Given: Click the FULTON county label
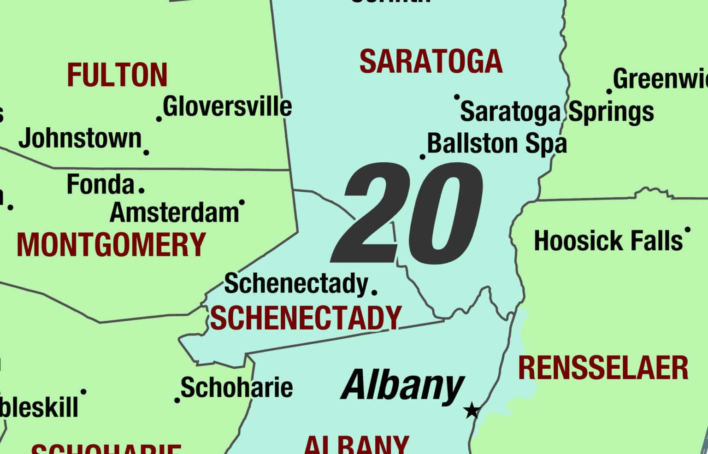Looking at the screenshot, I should pyautogui.click(x=117, y=75).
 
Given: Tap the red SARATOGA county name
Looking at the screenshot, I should pyautogui.click(x=431, y=62).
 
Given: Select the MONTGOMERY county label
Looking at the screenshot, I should pyautogui.click(x=111, y=244).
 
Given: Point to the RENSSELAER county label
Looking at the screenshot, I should pyautogui.click(x=603, y=368).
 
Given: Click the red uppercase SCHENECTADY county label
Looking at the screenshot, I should pyautogui.click(x=306, y=318).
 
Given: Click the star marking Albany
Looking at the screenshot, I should pyautogui.click(x=472, y=410).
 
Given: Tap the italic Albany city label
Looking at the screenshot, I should pyautogui.click(x=402, y=386).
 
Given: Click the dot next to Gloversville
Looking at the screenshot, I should pyautogui.click(x=159, y=119).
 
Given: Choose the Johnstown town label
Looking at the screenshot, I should pyautogui.click(x=80, y=138).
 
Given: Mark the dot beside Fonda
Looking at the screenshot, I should pyautogui.click(x=142, y=189).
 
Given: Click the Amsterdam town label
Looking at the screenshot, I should pyautogui.click(x=174, y=212).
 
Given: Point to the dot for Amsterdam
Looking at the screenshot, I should pyautogui.click(x=242, y=202).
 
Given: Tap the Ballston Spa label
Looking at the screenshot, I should pyautogui.click(x=497, y=143).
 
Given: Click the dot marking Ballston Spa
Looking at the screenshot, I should pyautogui.click(x=423, y=157).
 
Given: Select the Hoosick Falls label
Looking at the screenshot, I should pyautogui.click(x=608, y=241).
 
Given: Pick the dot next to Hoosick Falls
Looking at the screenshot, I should pyautogui.click(x=688, y=229).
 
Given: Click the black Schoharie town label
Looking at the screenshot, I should pyautogui.click(x=236, y=387).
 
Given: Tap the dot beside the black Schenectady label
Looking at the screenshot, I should pyautogui.click(x=374, y=292).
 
